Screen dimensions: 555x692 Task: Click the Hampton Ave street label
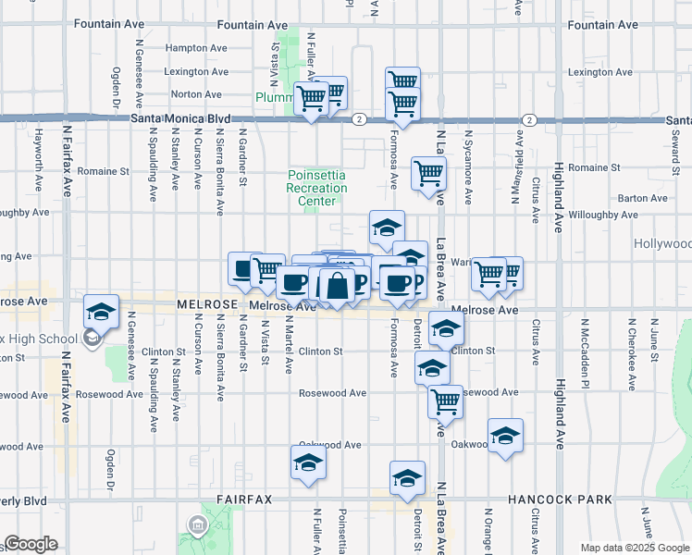pyautogui.click(x=195, y=47)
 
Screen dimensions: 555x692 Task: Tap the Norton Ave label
pyautogui.click(x=195, y=94)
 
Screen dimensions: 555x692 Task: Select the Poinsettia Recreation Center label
pyautogui.click(x=317, y=188)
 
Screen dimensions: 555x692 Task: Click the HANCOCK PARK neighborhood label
pyautogui.click(x=560, y=499)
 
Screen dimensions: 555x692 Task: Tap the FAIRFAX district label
pyautogui.click(x=244, y=499)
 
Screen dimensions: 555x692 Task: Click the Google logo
pyautogui.click(x=31, y=544)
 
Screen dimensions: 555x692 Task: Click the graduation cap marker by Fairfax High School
pyautogui.click(x=102, y=312)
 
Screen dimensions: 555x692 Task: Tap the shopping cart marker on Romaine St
pyautogui.click(x=429, y=173)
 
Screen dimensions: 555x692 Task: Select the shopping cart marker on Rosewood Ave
pyautogui.click(x=446, y=402)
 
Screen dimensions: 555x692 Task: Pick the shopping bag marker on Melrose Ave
pyautogui.click(x=338, y=286)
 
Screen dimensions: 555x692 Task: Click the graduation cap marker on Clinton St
pyautogui.click(x=446, y=330)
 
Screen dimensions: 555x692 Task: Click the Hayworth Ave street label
pyautogui.click(x=40, y=158)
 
